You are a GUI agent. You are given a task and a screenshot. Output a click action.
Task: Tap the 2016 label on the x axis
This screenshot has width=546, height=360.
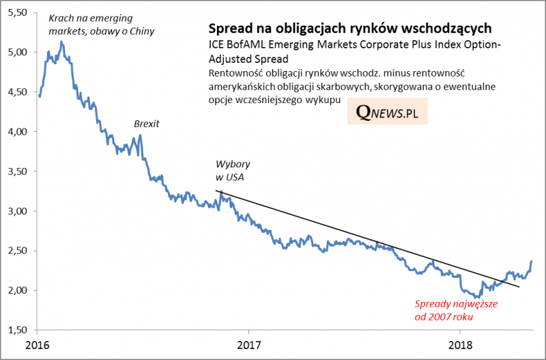39,343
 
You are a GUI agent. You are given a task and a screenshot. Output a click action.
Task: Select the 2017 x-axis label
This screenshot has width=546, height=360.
250,343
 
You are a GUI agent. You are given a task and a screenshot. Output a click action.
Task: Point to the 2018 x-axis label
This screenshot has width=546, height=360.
460,343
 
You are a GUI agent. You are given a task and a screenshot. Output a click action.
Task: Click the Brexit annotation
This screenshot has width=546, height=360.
146,124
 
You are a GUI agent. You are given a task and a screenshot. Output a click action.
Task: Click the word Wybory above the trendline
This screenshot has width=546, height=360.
232,165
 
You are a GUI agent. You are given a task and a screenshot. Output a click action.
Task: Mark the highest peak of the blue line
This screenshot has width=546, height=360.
62,42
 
